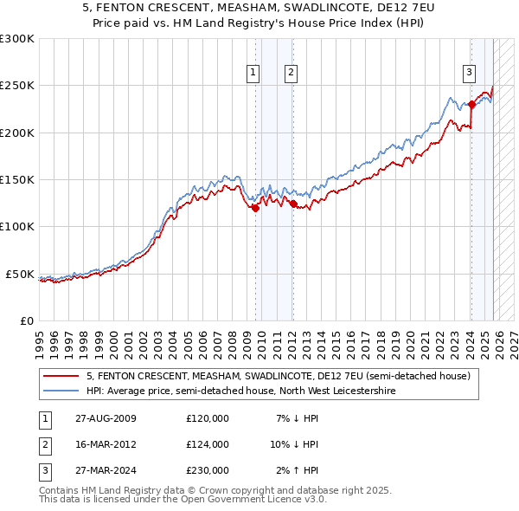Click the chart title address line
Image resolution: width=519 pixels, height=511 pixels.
(259, 9)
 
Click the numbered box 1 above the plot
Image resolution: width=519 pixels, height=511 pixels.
(253, 73)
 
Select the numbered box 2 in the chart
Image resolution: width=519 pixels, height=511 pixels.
(291, 73)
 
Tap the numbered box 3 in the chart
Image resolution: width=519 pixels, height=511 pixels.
(468, 73)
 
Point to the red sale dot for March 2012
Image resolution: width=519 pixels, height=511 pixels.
(293, 204)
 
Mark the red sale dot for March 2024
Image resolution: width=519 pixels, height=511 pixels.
(471, 105)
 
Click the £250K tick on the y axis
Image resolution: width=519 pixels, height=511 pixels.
(17, 86)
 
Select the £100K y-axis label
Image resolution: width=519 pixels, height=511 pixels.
(17, 227)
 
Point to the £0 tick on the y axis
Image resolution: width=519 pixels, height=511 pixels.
(26, 320)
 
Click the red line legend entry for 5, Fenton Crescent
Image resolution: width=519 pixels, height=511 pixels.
(278, 377)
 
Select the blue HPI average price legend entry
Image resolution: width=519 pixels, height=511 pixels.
(240, 391)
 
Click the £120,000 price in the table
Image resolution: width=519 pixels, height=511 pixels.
(208, 418)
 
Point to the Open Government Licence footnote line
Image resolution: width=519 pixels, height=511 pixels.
(183, 500)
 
